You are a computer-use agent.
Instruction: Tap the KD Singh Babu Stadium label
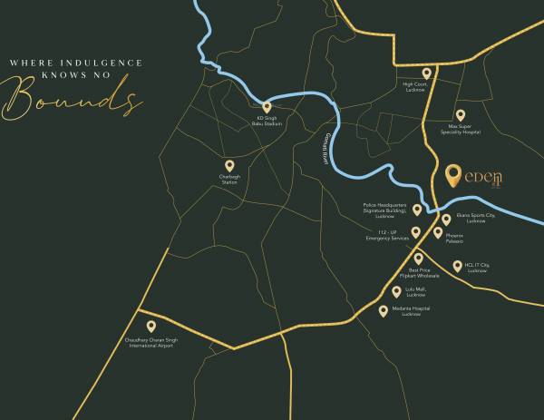[267, 121]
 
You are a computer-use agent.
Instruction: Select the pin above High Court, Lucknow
[426, 73]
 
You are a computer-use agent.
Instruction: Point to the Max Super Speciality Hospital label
[461, 129]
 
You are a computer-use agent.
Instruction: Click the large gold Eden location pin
[454, 174]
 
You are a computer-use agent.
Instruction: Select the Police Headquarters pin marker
[417, 210]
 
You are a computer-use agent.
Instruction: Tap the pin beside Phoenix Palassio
[438, 233]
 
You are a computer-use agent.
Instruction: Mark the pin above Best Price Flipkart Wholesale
[419, 259]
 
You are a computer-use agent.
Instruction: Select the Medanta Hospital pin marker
[384, 311]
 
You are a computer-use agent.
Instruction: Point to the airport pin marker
[151, 327]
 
